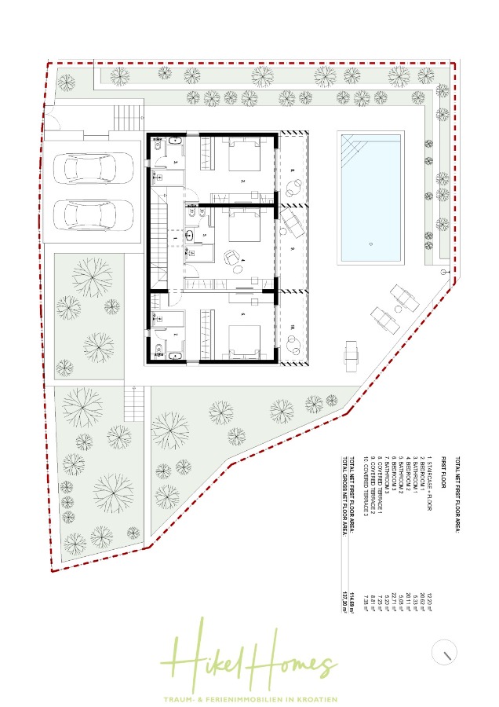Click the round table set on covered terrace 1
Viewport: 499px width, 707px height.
pos(294,186)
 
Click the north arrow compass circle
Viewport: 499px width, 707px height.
pos(446,651)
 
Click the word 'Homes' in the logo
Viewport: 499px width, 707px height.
pos(292,665)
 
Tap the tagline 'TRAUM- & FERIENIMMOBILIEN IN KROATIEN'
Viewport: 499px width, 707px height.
pos(249,698)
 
